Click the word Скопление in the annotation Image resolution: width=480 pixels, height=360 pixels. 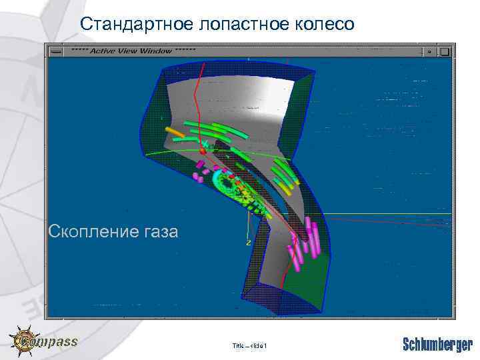pyautogui.click(x=90, y=231)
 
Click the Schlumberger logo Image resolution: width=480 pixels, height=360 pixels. pyautogui.click(x=437, y=344)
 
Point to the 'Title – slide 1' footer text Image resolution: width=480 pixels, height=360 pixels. pyautogui.click(x=249, y=345)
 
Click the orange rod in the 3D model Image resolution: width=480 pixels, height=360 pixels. pyautogui.click(x=175, y=132)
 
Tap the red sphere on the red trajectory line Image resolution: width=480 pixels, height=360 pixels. pyautogui.click(x=203, y=151)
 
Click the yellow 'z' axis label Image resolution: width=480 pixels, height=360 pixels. pyautogui.click(x=249, y=243)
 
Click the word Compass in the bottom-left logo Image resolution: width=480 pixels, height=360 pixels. pyautogui.click(x=57, y=342)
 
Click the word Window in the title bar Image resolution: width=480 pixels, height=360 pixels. pyautogui.click(x=155, y=51)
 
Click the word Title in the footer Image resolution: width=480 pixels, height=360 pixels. pyautogui.click(x=238, y=345)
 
